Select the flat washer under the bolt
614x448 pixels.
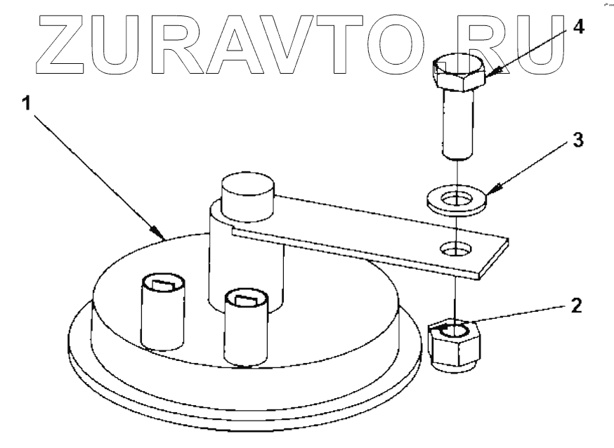point(457,198)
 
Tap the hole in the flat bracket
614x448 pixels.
point(455,248)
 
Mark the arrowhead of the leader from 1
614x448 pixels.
point(157,233)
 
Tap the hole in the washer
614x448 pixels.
point(457,196)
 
